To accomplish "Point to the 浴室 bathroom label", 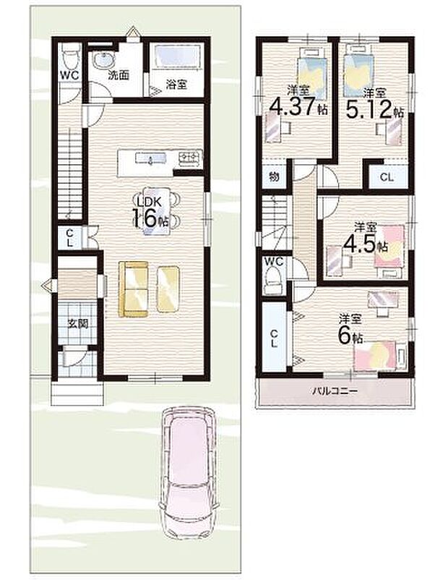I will pos(177,84).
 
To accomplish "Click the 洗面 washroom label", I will pos(119,74).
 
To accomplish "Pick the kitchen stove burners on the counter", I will pos(190,156).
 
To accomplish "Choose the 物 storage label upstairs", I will pos(275,176).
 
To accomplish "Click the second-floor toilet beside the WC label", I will pos(273,278).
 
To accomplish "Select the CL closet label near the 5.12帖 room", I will pos(387,177).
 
